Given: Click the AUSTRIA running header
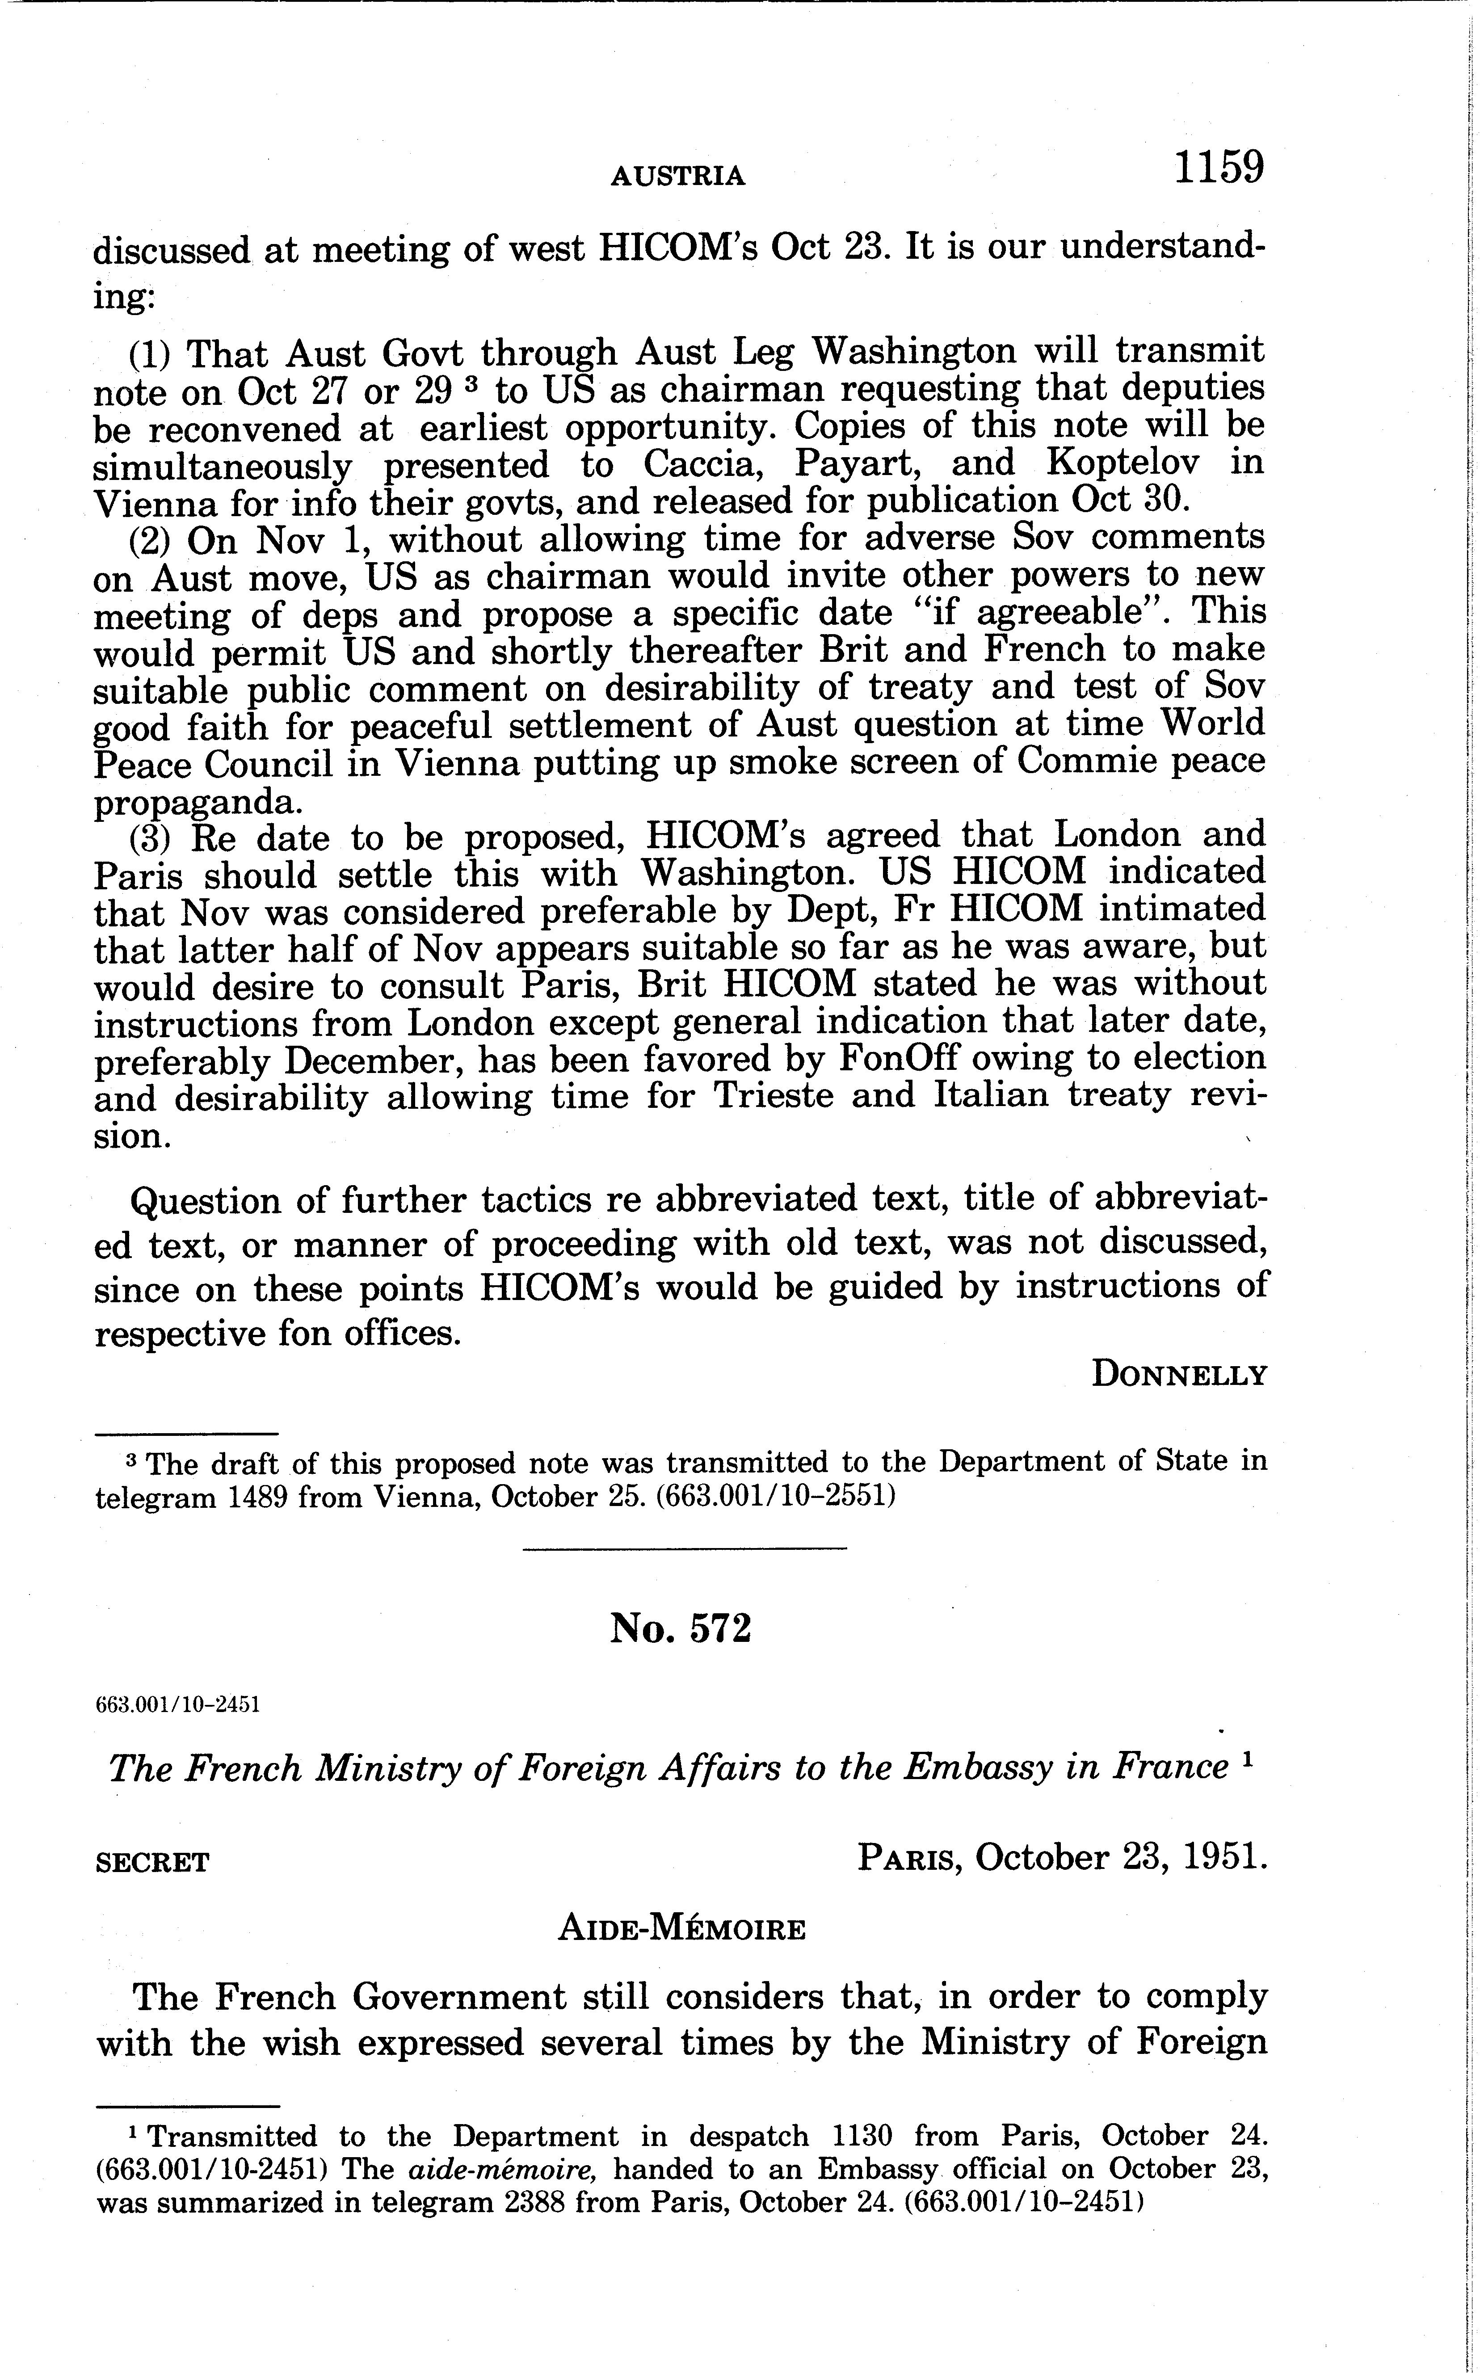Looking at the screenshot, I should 677,176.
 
